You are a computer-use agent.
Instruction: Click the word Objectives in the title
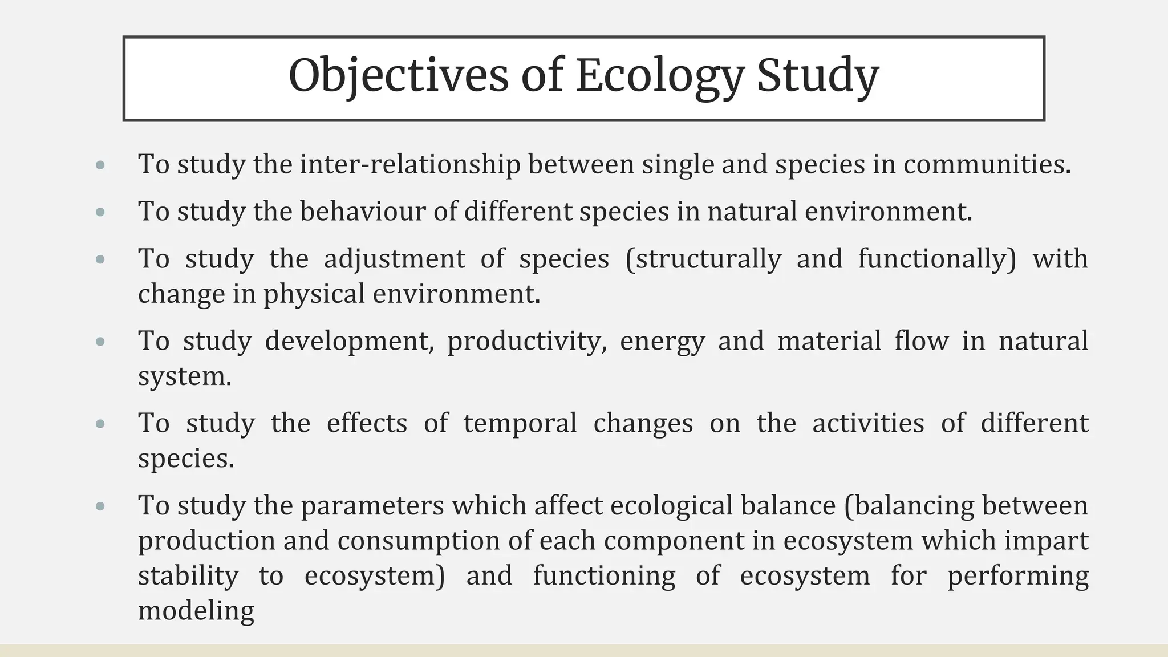(x=398, y=76)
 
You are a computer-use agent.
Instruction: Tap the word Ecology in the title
(x=660, y=76)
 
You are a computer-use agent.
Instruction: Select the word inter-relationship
(x=409, y=164)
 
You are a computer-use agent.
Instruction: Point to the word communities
(x=987, y=164)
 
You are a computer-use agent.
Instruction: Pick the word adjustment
(x=394, y=259)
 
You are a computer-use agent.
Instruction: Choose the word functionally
(x=936, y=259)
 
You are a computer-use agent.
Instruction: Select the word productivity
(x=526, y=341)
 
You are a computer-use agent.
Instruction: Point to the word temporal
(x=520, y=423)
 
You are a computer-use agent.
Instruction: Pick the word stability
(x=188, y=575)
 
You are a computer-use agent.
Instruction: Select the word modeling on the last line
(x=196, y=611)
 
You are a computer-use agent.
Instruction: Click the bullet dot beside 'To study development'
(x=101, y=342)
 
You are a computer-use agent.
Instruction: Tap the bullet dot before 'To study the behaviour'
(x=101, y=212)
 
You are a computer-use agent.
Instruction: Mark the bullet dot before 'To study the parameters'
(x=101, y=506)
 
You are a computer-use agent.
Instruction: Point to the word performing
(x=1017, y=575)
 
